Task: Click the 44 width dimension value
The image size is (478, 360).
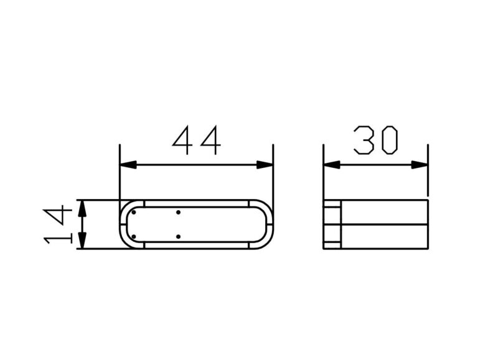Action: [197, 141]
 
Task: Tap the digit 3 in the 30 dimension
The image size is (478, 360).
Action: [364, 141]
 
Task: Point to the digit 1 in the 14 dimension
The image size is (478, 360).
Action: [55, 238]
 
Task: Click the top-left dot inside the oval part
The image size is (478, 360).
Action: [133, 212]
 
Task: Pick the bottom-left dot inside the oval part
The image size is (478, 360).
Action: [133, 236]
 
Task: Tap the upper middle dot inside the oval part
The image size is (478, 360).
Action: [179, 212]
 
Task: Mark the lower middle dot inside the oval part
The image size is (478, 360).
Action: [179, 236]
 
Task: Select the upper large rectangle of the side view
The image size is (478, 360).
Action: [384, 212]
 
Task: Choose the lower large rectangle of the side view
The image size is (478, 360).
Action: [384, 236]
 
